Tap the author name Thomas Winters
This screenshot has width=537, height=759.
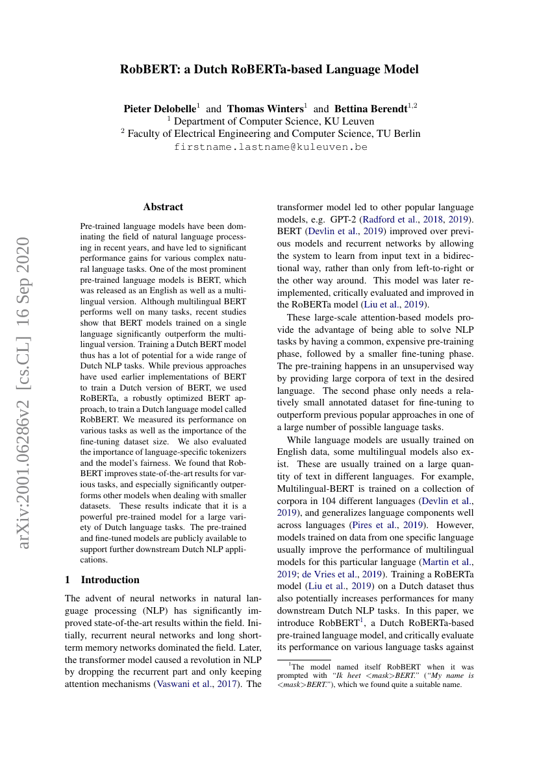tap(265, 109)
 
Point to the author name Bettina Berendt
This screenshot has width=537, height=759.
tap(370, 109)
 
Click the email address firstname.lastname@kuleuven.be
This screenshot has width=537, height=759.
tap(271, 147)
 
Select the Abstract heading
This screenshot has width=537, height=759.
tap(163, 207)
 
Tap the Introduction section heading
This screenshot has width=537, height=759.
tap(110, 580)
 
